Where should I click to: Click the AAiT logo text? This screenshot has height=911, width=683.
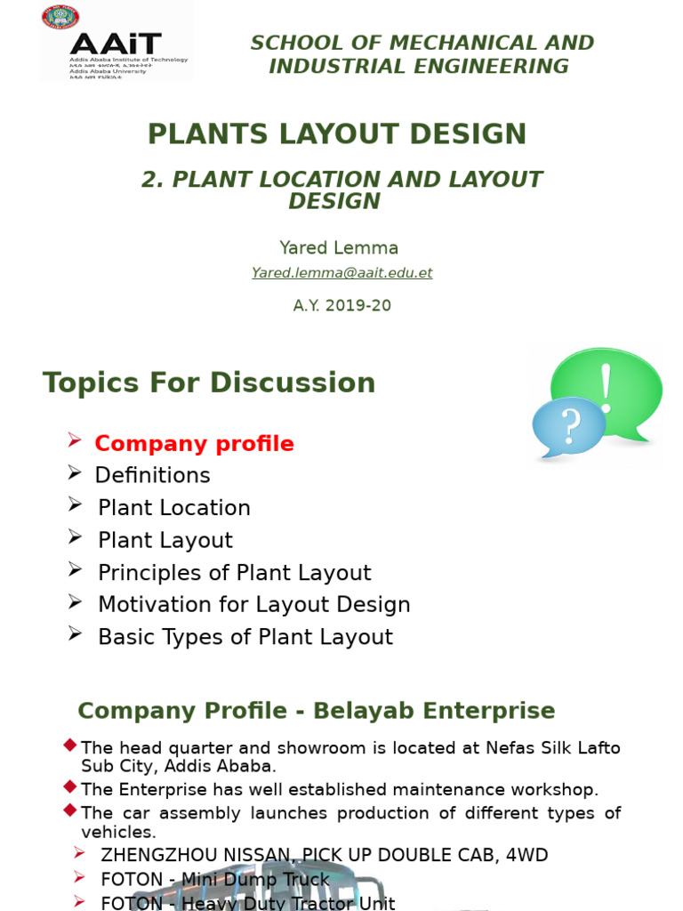(x=116, y=44)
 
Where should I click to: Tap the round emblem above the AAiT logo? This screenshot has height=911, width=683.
(x=60, y=17)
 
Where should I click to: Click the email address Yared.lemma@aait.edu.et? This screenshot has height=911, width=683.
(x=341, y=273)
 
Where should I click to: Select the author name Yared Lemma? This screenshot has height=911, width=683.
(x=339, y=248)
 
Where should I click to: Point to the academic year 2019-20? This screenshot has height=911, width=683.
(x=342, y=305)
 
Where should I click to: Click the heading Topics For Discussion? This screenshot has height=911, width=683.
(x=209, y=383)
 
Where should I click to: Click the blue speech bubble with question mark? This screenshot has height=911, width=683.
(x=567, y=427)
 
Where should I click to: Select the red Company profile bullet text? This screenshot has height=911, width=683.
(x=194, y=443)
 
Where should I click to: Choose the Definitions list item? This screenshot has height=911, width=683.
(x=152, y=475)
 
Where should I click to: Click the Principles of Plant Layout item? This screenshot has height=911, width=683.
(x=234, y=573)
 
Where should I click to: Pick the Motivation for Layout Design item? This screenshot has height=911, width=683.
(x=253, y=605)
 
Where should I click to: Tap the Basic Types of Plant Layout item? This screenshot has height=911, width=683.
(x=245, y=637)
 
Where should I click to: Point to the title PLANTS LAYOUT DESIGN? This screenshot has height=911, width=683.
(x=337, y=133)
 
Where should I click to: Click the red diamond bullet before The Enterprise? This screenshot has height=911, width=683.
(x=69, y=786)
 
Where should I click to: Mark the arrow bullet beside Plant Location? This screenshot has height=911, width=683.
(x=75, y=504)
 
